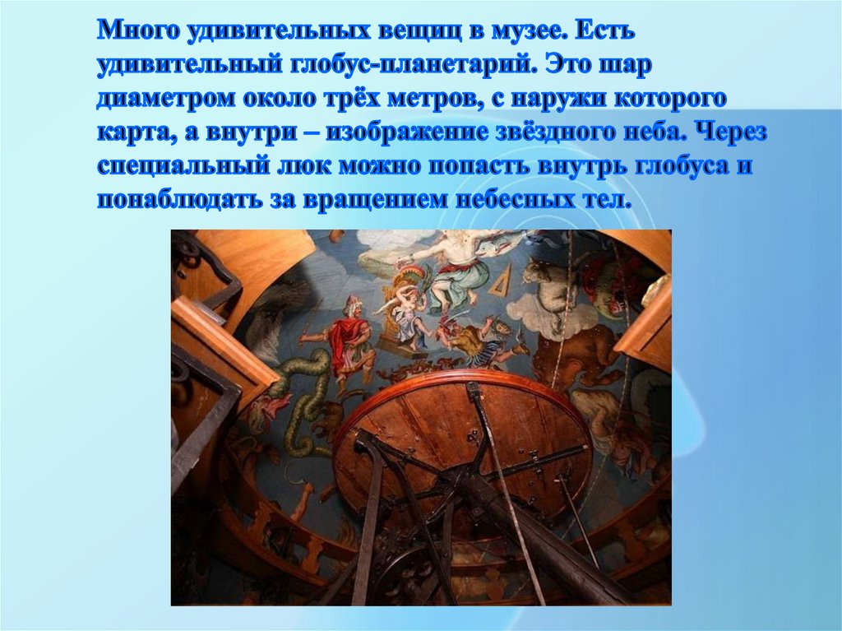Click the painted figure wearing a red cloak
346,337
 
